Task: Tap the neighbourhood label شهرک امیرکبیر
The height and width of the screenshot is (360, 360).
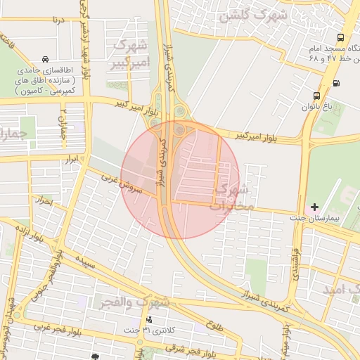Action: tap(129, 56)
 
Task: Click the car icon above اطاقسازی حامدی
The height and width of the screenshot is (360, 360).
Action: tap(46, 59)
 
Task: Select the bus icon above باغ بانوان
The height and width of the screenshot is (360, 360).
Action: tap(317, 96)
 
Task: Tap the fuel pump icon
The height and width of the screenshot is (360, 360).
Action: tap(335, 83)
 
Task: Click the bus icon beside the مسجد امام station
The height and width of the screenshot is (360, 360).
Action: tap(340, 38)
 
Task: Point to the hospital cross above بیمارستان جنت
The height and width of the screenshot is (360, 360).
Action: tap(314, 207)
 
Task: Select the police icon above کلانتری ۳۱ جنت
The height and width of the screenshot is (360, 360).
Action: tap(148, 319)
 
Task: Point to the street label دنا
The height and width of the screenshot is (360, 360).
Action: tap(58, 19)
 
